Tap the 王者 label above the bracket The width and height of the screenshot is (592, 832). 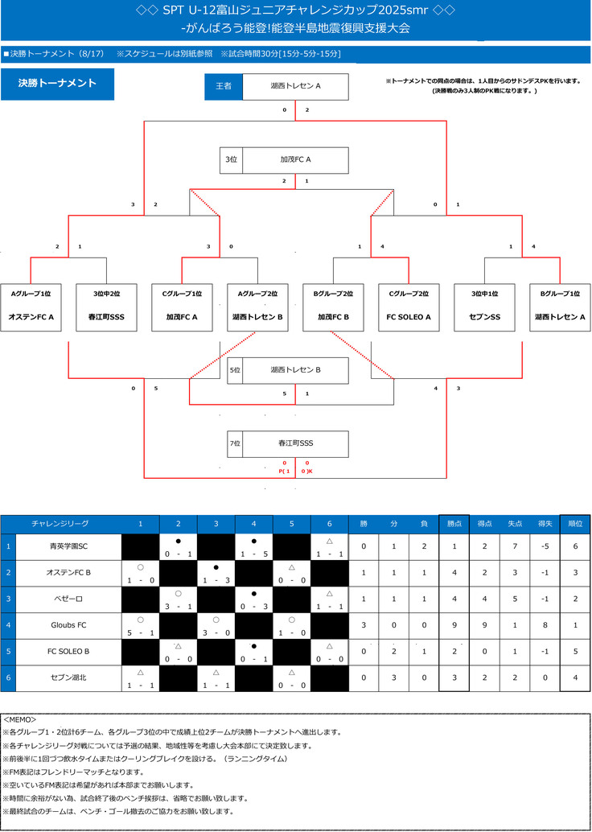224,86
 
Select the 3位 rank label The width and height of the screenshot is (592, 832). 232,159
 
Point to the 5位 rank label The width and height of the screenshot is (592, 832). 235,370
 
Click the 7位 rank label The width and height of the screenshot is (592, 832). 235,443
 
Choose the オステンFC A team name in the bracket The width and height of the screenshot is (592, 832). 31,317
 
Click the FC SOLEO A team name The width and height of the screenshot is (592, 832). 409,317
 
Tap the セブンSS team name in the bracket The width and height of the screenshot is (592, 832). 484,317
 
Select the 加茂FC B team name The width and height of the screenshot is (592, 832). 333,317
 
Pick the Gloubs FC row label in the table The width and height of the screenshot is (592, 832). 68,624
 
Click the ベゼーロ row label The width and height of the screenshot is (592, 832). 68,599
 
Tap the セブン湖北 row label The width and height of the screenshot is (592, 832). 68,677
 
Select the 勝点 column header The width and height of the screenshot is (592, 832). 454,523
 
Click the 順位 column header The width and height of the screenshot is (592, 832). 574,523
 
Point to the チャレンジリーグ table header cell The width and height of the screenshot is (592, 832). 60,523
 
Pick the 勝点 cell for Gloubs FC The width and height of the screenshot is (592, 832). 454,624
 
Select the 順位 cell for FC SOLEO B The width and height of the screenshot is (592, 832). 574,651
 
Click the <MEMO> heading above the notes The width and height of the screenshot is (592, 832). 20,719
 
